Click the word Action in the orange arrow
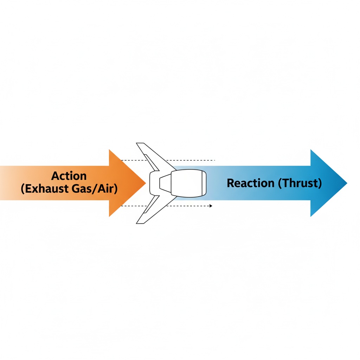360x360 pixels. [x=69, y=176]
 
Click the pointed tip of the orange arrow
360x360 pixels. [x=146, y=183]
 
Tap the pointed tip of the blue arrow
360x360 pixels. [x=347, y=183]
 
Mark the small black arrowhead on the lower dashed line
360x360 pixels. [x=211, y=206]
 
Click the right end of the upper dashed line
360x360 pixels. [x=214, y=160]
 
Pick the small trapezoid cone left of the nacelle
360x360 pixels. [x=165, y=183]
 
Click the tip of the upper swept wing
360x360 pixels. [x=140, y=143]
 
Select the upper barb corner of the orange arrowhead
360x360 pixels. [x=109, y=150]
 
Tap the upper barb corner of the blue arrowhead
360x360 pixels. [x=311, y=150]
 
